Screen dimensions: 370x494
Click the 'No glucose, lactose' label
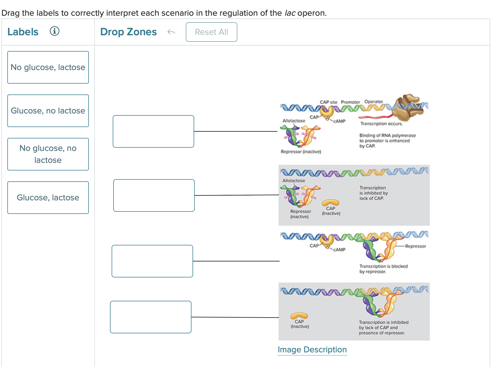(x=48, y=67)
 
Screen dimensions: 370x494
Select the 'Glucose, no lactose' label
(x=48, y=111)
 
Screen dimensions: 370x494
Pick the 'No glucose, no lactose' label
(x=48, y=154)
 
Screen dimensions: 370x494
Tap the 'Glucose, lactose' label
(x=48, y=198)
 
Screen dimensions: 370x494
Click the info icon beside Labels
(x=55, y=31)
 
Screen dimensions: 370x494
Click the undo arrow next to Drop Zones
(x=171, y=32)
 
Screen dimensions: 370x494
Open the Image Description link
(x=312, y=350)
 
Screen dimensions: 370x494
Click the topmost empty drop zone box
(x=153, y=131)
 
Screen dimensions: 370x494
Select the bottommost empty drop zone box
(x=151, y=317)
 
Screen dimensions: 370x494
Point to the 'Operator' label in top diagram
(x=373, y=102)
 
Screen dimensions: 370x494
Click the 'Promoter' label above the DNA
(x=350, y=102)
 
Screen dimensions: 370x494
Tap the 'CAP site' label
(x=328, y=102)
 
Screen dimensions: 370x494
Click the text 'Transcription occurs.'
(x=381, y=124)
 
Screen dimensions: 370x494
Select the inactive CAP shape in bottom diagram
(x=299, y=316)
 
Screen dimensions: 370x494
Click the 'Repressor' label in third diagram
(x=415, y=246)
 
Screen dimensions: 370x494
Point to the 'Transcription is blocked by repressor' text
(x=383, y=269)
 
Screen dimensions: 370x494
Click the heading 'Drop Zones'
(x=128, y=32)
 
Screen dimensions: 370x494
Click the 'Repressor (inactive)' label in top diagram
(x=301, y=152)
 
